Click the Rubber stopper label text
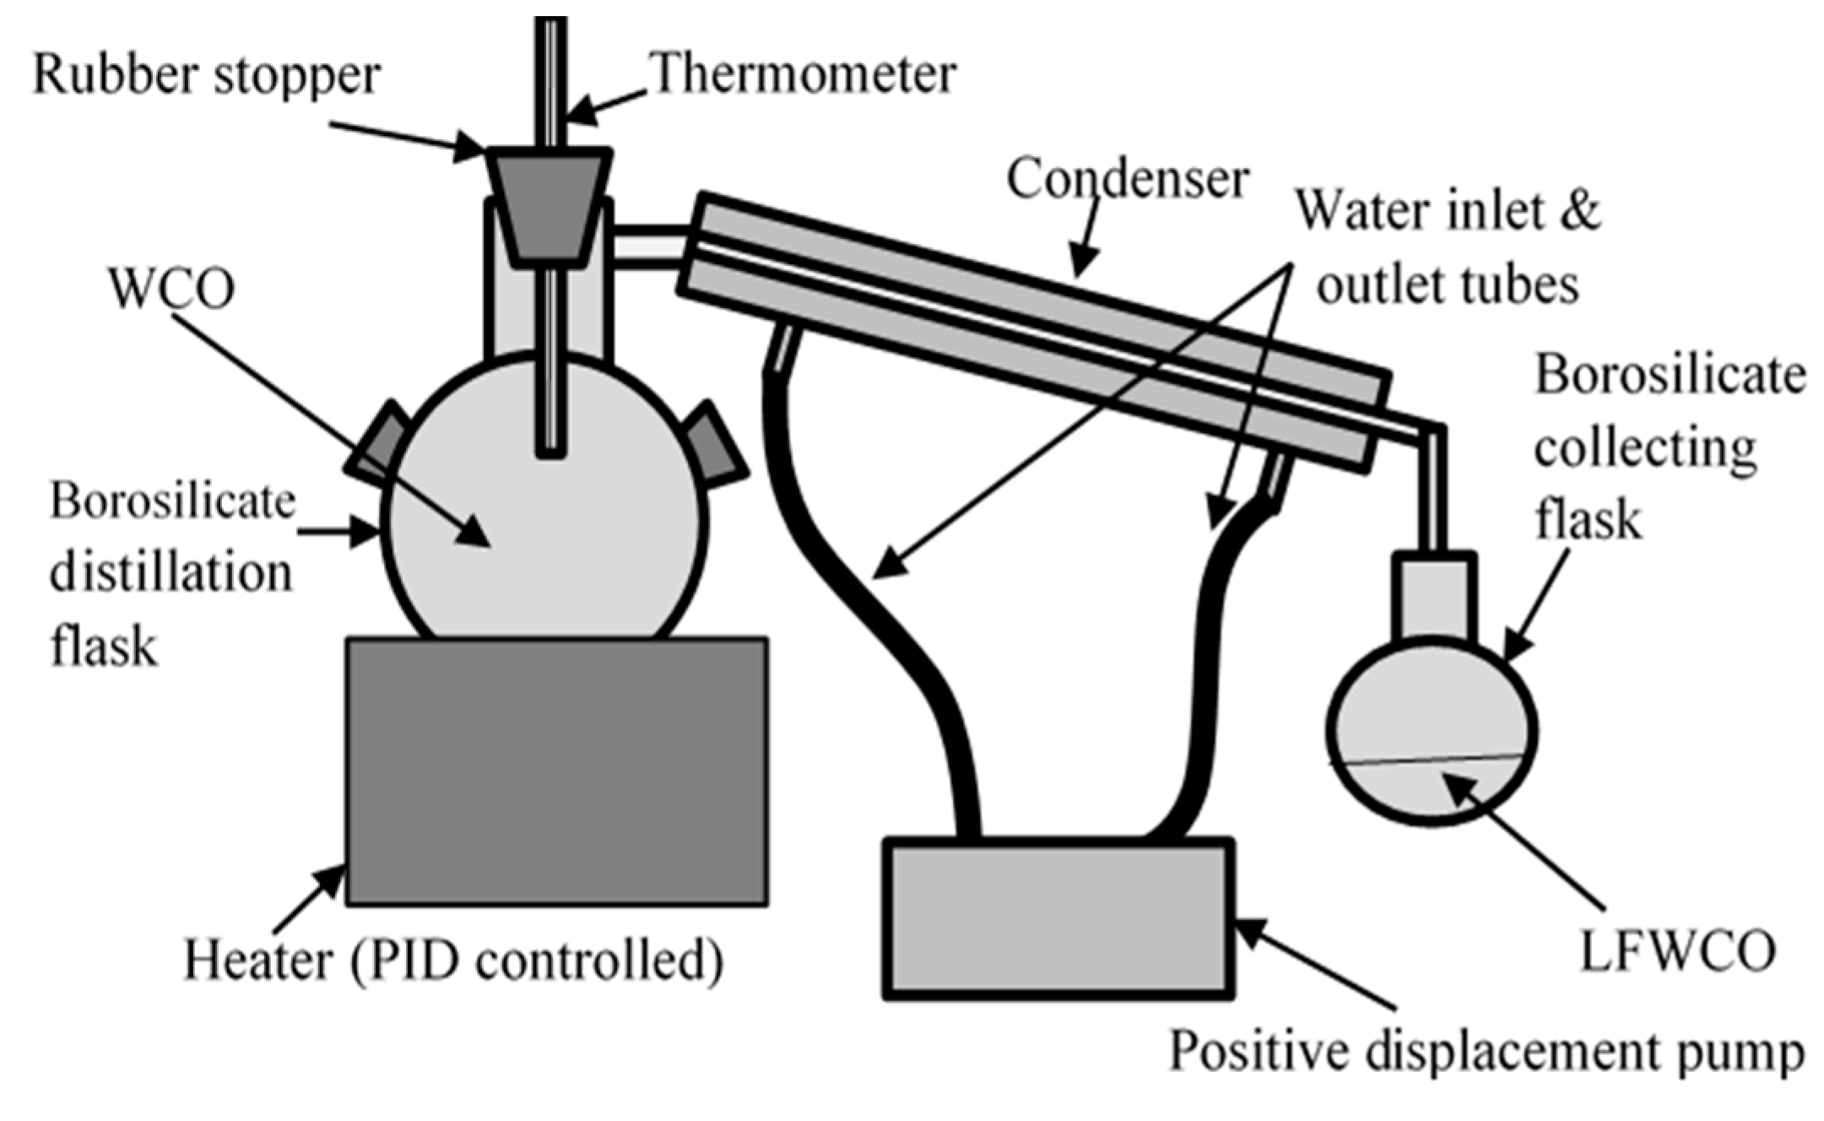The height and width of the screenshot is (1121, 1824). pyautogui.click(x=206, y=76)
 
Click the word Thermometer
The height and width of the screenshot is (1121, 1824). pyautogui.click(x=804, y=74)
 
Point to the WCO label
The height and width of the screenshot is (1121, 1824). pyautogui.click(x=172, y=290)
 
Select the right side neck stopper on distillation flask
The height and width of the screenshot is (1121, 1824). pyautogui.click(x=715, y=443)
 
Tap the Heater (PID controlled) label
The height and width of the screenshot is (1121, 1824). pyautogui.click(x=453, y=961)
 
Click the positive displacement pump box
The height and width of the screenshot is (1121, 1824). pyautogui.click(x=1058, y=919)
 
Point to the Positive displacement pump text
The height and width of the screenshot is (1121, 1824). pyautogui.click(x=1486, y=1052)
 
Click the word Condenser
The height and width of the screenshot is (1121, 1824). pyautogui.click(x=1127, y=180)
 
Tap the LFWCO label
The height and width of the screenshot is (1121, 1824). pyautogui.click(x=1678, y=951)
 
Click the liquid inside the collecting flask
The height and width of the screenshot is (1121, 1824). pyautogui.click(x=1431, y=789)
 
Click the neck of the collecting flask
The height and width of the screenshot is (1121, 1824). pyautogui.click(x=1434, y=595)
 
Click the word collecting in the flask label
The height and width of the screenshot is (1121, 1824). pyautogui.click(x=1644, y=448)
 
